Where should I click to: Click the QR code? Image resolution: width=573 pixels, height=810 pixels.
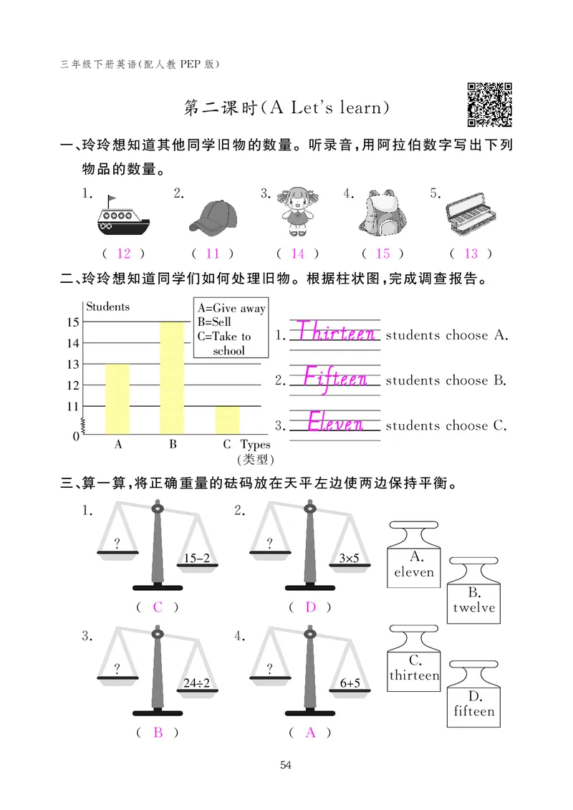click(x=490, y=105)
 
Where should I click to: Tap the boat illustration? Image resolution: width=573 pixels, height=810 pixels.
click(x=122, y=216)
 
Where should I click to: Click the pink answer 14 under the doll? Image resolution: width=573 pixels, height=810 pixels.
click(x=297, y=254)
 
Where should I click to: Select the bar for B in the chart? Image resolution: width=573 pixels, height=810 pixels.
click(x=172, y=377)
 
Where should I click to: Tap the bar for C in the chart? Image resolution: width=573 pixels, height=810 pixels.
click(x=227, y=420)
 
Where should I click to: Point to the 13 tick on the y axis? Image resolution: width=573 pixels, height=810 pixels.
click(x=73, y=364)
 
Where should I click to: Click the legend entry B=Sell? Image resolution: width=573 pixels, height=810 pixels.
click(x=214, y=322)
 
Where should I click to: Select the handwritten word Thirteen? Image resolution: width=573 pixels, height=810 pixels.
click(x=335, y=332)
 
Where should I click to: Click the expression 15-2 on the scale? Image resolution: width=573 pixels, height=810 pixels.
click(x=196, y=558)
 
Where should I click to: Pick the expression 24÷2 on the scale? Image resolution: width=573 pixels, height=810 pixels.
click(x=196, y=683)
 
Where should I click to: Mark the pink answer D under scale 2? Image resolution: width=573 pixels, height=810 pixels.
click(x=310, y=607)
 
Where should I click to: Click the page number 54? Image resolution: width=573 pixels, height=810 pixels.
click(x=286, y=766)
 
